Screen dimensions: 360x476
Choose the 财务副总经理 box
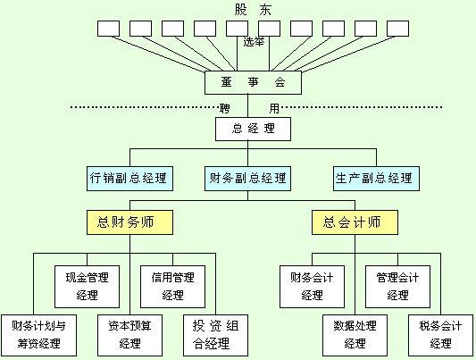pos(246,178)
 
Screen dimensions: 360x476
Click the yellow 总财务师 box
pos(129,221)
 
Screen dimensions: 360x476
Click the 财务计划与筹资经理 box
pos(38,334)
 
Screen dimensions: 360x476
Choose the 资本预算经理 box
pos(129,334)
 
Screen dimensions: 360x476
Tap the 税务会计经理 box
pos(440,334)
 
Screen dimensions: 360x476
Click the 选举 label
pos(255,41)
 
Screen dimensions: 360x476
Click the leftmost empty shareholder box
pos(108,28)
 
